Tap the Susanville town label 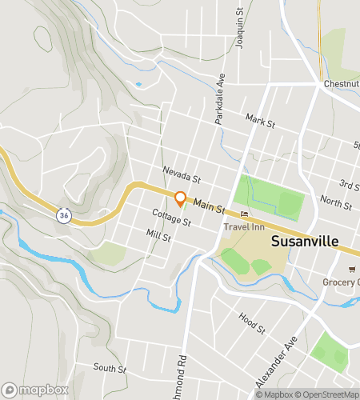[305, 241]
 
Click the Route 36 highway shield [63, 215]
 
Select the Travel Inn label [244, 226]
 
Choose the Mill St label [159, 236]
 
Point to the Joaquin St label [239, 29]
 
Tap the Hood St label [251, 322]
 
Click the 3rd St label [348, 185]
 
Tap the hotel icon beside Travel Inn [245, 214]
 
